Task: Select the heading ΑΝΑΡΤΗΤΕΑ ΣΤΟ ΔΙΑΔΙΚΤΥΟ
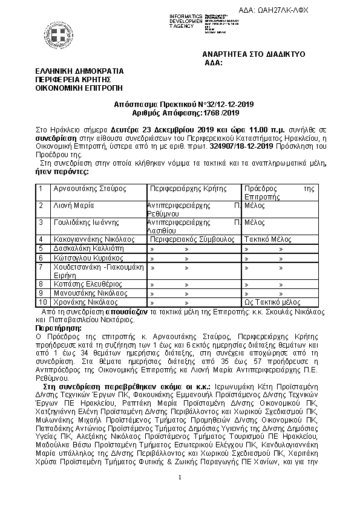[254, 54]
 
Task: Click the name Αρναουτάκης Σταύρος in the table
[90, 189]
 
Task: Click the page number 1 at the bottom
[180, 478]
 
